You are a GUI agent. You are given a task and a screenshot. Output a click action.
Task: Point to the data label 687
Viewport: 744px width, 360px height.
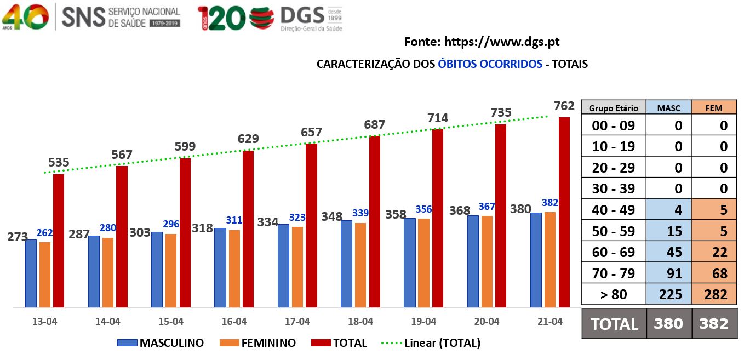(x=375, y=125)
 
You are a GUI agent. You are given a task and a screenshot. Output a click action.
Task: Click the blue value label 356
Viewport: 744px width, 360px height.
(x=423, y=209)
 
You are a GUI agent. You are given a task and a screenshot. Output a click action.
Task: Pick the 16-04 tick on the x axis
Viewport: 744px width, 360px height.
(x=234, y=322)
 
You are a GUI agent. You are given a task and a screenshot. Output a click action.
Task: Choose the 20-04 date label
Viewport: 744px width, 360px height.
(x=487, y=322)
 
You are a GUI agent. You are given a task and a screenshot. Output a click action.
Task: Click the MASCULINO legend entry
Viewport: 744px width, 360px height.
(x=161, y=343)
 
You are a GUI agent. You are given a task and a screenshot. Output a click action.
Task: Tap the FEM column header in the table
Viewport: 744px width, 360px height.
(x=714, y=108)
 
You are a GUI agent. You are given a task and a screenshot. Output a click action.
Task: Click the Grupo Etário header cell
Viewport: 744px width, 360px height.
(x=614, y=108)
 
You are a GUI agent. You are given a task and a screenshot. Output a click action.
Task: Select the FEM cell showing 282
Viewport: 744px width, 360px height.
(x=714, y=294)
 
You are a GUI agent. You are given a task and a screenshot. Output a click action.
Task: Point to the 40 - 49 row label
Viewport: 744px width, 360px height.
(x=614, y=210)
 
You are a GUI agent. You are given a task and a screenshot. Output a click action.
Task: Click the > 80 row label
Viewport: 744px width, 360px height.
(x=614, y=294)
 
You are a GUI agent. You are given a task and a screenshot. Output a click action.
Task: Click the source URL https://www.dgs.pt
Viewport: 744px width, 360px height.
(x=501, y=42)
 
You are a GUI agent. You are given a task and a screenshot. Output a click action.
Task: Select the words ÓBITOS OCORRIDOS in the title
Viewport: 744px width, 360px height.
(x=490, y=64)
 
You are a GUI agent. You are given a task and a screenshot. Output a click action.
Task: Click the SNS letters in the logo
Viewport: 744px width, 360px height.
(x=83, y=17)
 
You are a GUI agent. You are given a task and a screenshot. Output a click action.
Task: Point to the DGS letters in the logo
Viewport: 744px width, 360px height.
(x=301, y=15)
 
